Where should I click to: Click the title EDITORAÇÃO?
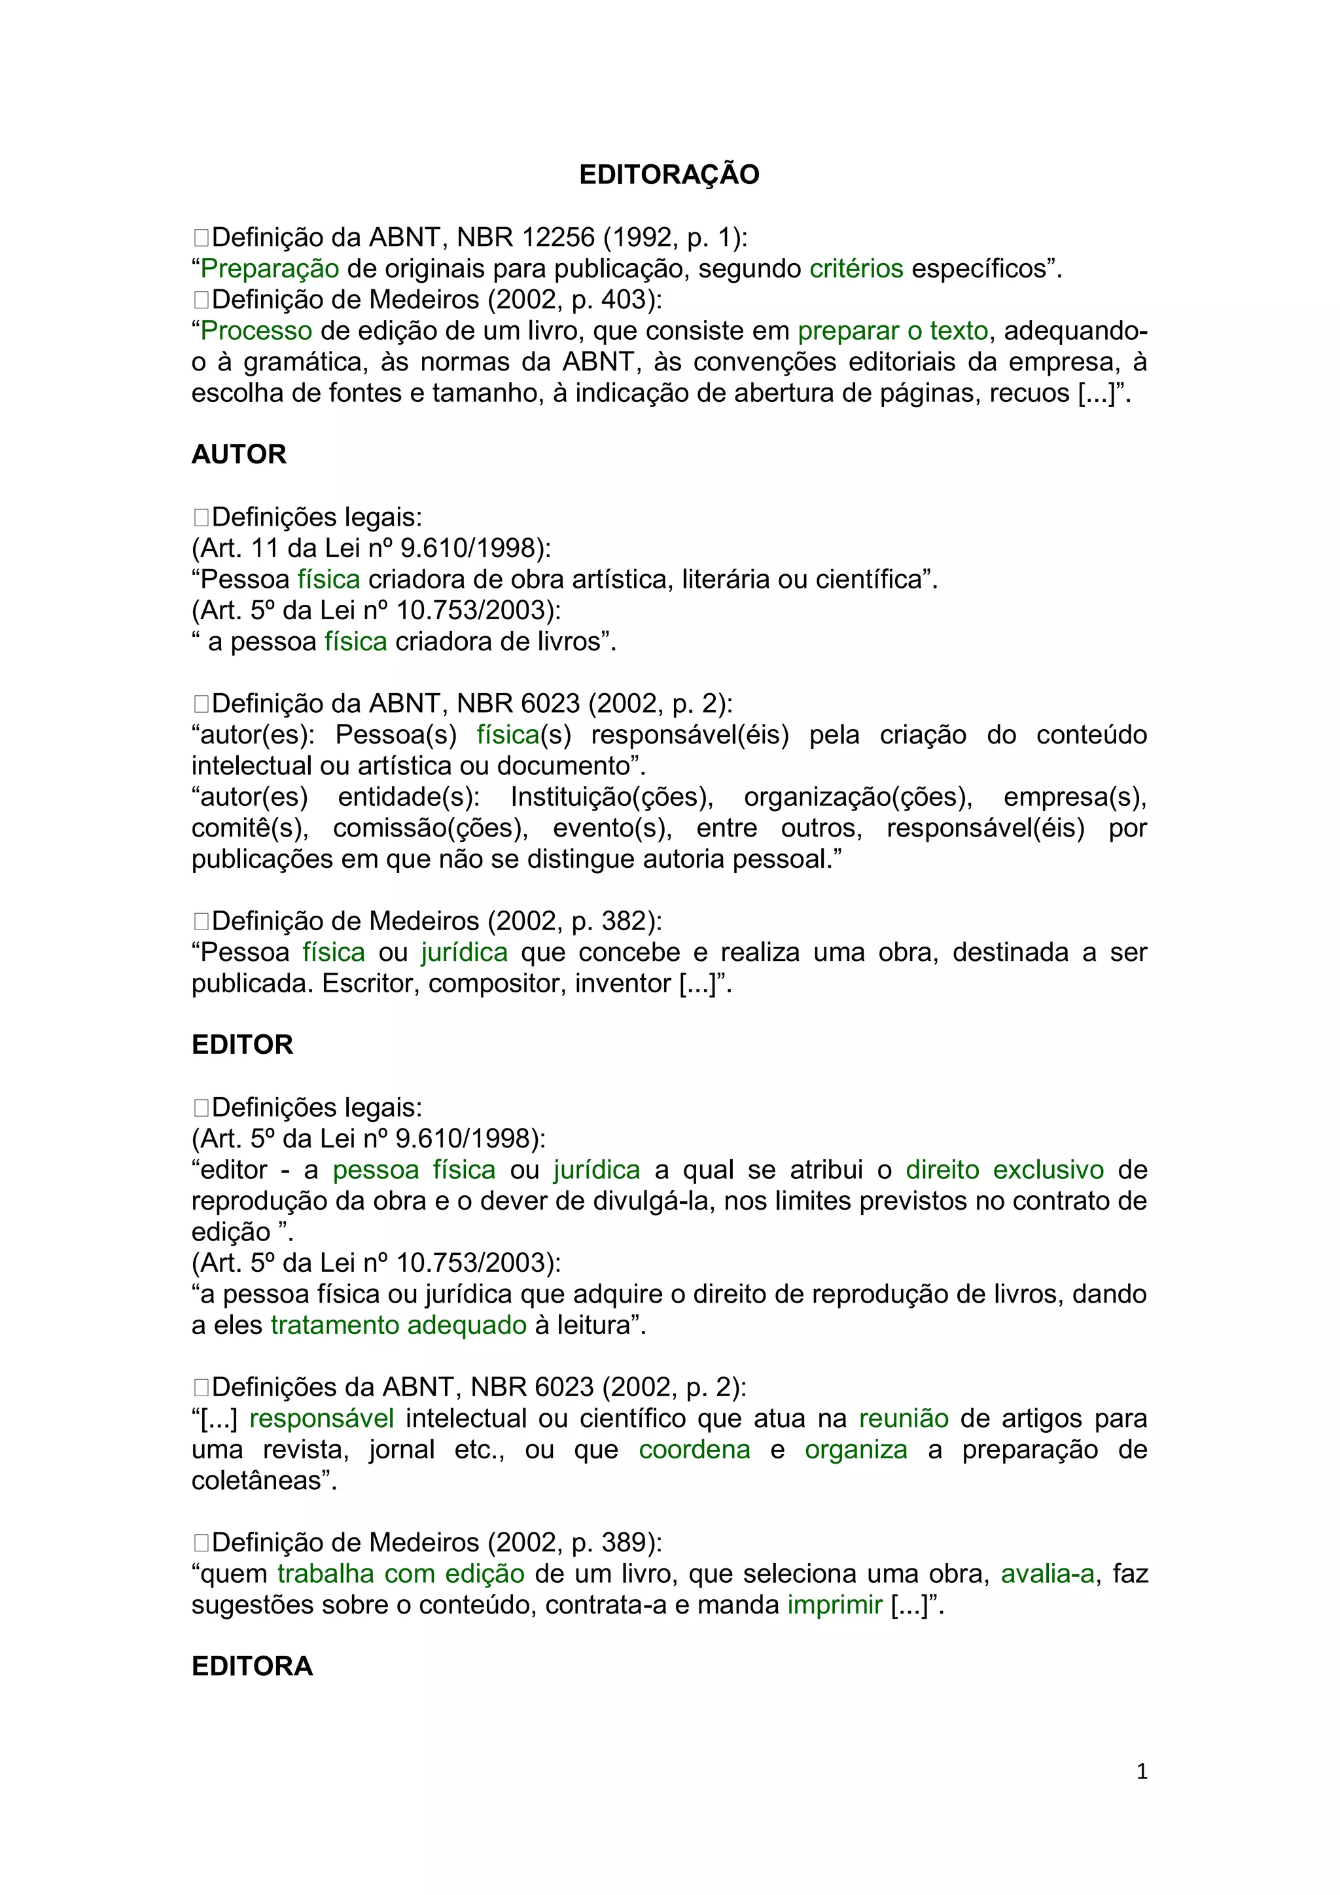(x=669, y=175)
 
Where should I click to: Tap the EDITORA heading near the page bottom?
(x=252, y=1665)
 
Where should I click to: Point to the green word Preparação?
(x=270, y=268)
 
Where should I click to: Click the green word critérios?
(x=856, y=268)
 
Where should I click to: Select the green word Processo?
(x=256, y=331)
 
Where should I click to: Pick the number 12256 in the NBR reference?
(x=557, y=238)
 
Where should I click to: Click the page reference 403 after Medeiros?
(x=623, y=300)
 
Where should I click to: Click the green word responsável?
(x=321, y=1418)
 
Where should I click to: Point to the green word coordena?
(x=694, y=1449)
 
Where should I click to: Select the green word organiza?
(x=856, y=1449)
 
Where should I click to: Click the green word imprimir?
(x=834, y=1604)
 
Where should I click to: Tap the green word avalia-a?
(x=1047, y=1574)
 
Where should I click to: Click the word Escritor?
(x=370, y=984)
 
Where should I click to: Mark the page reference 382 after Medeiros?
(x=623, y=921)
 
